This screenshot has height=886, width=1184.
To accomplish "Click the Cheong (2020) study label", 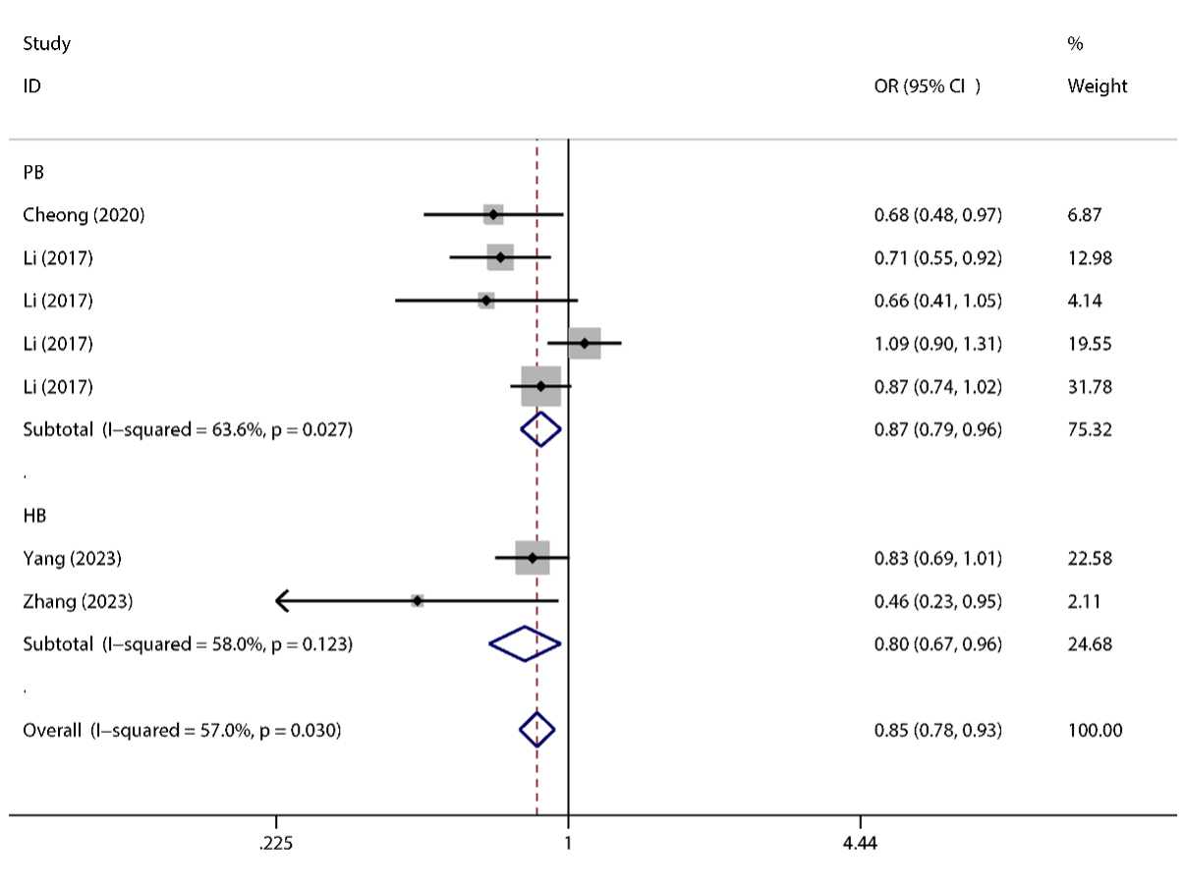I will (x=84, y=215).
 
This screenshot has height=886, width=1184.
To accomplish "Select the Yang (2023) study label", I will (x=72, y=559).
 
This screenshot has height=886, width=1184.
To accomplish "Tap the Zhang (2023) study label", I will (x=78, y=601).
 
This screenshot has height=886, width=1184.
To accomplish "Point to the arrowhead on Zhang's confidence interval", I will (x=281, y=600).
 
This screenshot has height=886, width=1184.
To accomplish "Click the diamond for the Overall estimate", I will (x=536, y=729).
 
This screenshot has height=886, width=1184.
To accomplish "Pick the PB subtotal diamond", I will (x=539, y=429).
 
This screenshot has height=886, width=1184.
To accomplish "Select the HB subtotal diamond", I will (x=525, y=644).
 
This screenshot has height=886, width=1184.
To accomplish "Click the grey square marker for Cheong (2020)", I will (x=493, y=215).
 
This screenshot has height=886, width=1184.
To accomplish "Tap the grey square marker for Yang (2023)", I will (x=532, y=558).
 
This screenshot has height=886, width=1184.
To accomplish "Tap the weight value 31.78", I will (x=1090, y=387).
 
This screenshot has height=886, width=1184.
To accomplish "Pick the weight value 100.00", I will (x=1095, y=730).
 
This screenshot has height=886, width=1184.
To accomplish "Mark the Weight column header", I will (x=1097, y=86).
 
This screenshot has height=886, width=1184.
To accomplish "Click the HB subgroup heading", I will (x=34, y=515).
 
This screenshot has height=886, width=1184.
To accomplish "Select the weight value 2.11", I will (x=1085, y=601).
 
